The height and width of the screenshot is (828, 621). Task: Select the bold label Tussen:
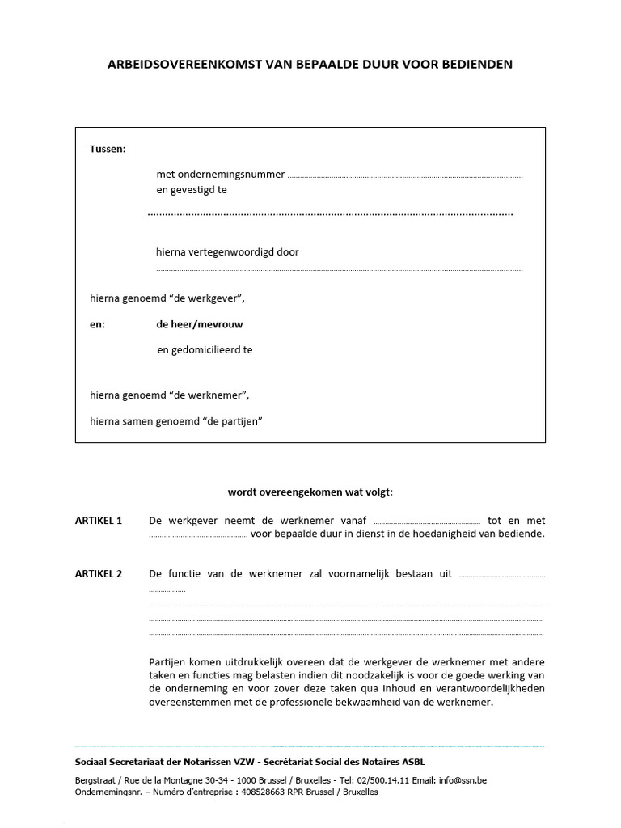point(108,149)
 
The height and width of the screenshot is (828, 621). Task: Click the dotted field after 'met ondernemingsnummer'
point(405,175)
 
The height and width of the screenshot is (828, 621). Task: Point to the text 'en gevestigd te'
point(192,190)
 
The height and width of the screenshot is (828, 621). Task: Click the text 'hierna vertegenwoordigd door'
point(227,251)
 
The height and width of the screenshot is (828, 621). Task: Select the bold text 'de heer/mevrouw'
point(200,324)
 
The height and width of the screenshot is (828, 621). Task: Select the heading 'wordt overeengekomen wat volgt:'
point(310,492)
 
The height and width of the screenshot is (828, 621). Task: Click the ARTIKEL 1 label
point(98,521)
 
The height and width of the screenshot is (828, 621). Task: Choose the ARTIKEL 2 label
point(98,574)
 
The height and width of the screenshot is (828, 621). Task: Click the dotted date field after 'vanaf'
point(428,522)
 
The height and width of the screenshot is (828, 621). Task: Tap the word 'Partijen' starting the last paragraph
point(168,660)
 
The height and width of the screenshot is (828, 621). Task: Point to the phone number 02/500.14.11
point(382,780)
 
